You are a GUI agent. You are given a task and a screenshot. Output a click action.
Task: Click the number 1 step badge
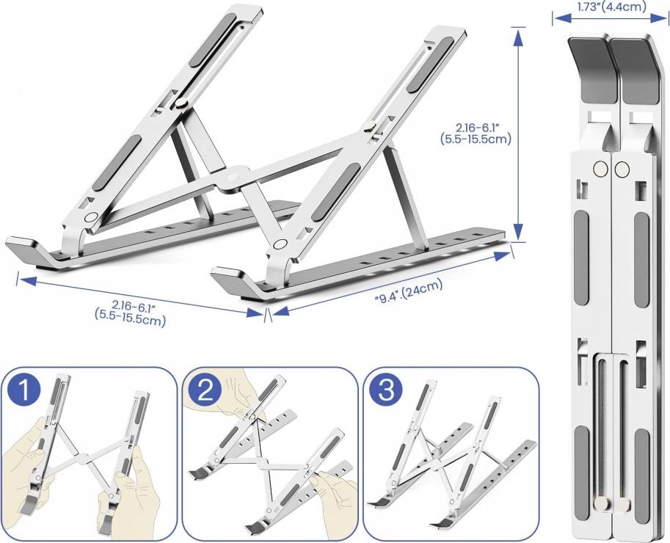coord(24,391)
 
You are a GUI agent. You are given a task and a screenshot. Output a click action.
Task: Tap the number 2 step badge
coord(206,391)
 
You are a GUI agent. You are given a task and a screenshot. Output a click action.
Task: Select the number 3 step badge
coord(386,391)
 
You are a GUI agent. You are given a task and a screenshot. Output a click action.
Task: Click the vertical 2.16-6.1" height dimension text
coord(476,134)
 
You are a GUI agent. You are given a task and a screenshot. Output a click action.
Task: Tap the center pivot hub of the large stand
coord(233,176)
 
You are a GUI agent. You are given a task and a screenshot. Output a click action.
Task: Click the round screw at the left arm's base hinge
coord(90,217)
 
